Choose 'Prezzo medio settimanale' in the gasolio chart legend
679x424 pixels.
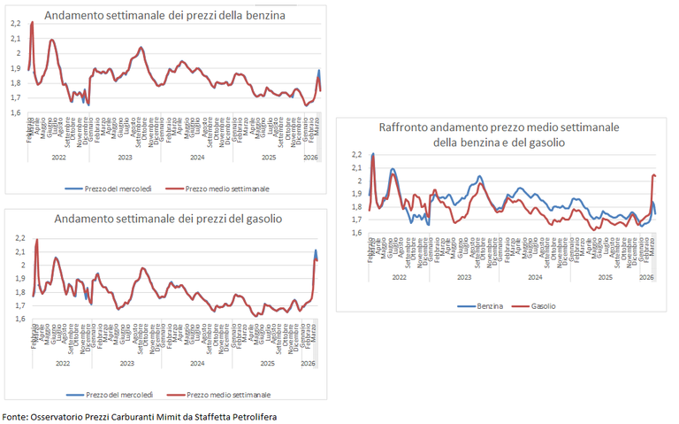point(228,394)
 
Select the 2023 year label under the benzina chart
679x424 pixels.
point(126,158)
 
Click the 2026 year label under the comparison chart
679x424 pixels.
point(646,277)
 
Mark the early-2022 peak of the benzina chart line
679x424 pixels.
point(32,23)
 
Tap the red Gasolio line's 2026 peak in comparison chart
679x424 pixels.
point(653,175)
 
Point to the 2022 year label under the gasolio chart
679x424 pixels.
point(62,363)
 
